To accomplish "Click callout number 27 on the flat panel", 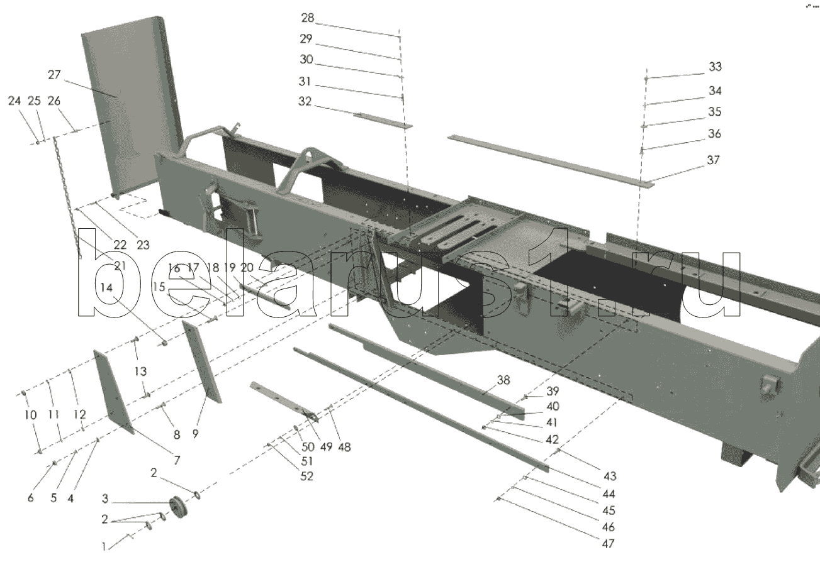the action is point(54,75).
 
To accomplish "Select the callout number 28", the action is point(308,18).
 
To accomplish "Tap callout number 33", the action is point(716,67).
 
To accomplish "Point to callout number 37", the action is point(713,160).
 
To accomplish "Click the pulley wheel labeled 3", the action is point(179,507).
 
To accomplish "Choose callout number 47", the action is point(608,544).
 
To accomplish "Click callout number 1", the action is point(104,547).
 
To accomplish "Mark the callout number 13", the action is point(140,372).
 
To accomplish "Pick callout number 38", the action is point(503,380).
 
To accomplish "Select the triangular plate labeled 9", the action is point(202,361).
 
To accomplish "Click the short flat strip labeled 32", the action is point(383,121).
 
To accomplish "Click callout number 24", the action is point(14,101).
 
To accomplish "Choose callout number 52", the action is point(306,477).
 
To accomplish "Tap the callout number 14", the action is point(106,288).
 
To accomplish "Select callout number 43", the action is point(610,477).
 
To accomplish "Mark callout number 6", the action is point(31,498).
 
